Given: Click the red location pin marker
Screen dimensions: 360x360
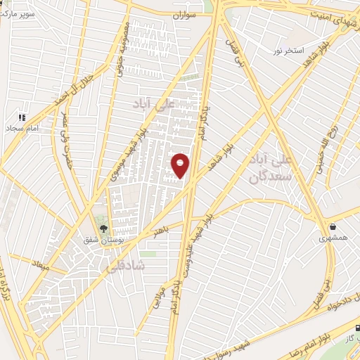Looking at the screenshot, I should pos(181,165).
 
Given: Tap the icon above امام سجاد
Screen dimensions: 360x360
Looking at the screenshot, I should pos(21,116).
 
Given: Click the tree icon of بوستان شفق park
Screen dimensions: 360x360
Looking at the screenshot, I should pos(103,228).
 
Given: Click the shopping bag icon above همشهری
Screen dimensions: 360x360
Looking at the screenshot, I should pos(333,226).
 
